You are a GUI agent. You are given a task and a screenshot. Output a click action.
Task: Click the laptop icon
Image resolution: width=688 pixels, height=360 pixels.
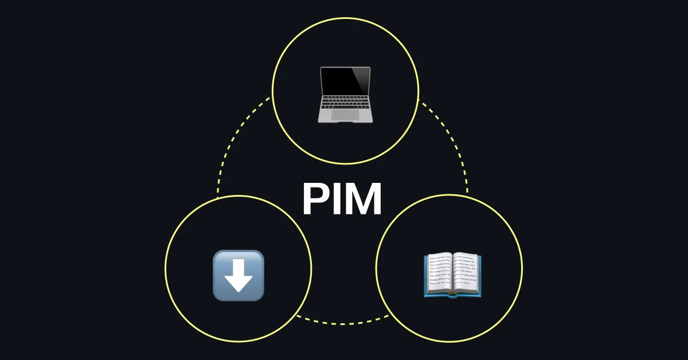point(345,93)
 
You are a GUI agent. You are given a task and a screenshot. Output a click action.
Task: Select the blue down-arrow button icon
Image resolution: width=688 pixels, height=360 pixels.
point(239,275)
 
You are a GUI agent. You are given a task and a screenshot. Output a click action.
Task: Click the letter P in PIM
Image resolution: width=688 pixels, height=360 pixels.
point(315,199)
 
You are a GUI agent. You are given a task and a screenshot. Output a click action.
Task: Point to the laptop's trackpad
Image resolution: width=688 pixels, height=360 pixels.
point(345,115)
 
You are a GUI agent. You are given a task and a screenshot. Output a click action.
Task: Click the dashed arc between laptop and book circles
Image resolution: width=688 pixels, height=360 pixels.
point(453,143)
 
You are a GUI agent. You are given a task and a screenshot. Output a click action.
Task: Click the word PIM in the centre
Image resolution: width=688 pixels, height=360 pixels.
point(342,199)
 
